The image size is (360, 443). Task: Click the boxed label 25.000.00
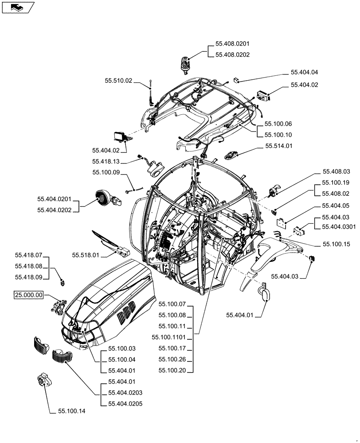(29, 295)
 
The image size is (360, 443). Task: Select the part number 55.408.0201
(232, 44)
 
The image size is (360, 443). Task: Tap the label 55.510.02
(118, 81)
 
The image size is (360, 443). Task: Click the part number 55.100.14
(71, 411)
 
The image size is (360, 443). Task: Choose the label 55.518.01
(86, 255)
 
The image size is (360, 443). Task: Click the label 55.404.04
(305, 72)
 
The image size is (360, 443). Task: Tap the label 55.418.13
(106, 162)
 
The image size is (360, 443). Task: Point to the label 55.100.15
(337, 244)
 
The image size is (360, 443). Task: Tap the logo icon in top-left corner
(17, 7)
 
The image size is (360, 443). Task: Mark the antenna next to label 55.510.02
(153, 93)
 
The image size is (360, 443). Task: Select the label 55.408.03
(336, 171)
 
